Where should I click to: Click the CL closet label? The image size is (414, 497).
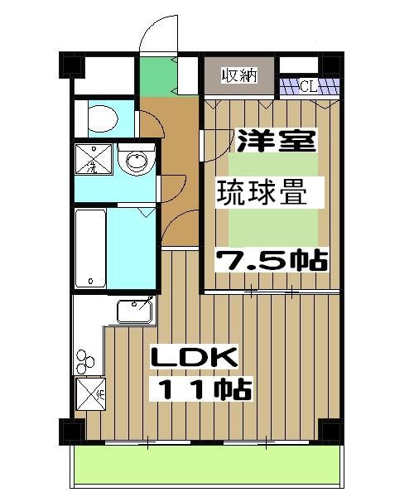click(308, 84)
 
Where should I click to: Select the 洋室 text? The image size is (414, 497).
click(277, 140)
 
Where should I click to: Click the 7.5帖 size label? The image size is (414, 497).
click(272, 260)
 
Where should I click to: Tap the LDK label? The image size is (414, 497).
click(194, 358)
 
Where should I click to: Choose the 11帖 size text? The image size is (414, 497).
click(200, 389)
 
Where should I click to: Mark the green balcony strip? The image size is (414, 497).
click(207, 467)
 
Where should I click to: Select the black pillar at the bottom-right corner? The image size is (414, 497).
click(330, 431)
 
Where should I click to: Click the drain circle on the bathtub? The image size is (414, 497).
click(90, 277)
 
